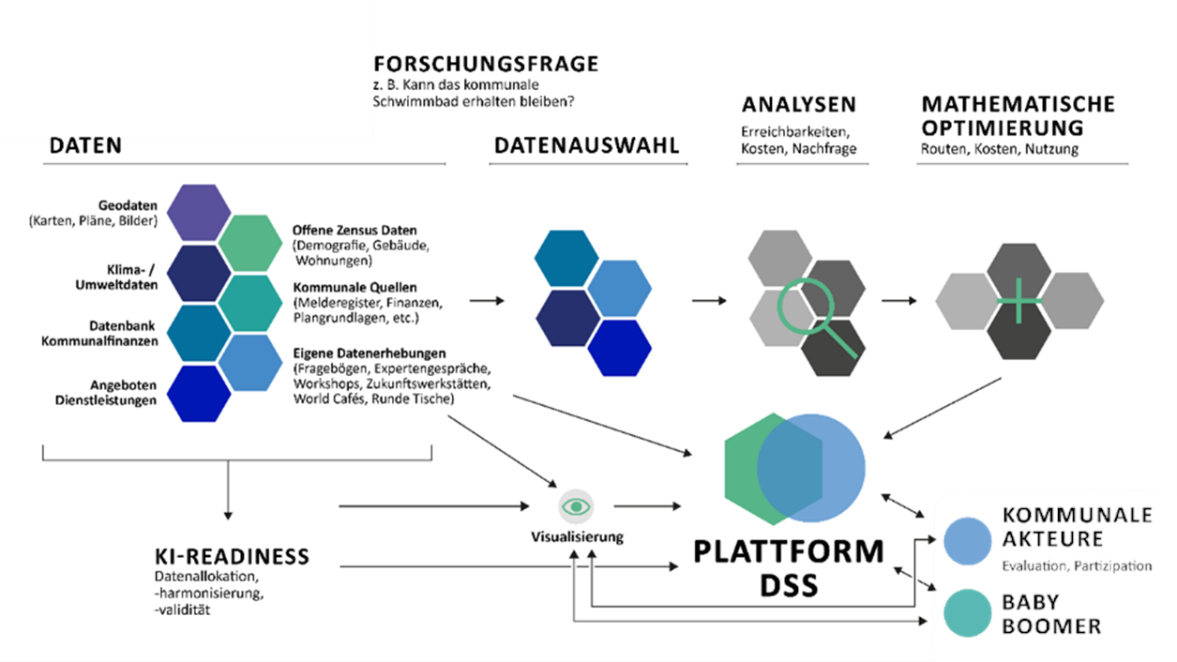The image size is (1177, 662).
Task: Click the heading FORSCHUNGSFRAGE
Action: (486, 65)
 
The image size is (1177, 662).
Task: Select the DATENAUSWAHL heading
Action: (586, 145)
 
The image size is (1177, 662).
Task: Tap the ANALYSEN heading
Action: (799, 104)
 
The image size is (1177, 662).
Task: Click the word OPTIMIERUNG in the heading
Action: (1002, 128)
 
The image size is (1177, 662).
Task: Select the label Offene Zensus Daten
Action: (355, 230)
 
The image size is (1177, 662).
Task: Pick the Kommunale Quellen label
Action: (355, 287)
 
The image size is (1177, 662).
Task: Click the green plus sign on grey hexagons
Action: (1020, 300)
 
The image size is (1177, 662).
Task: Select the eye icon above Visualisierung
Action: (576, 506)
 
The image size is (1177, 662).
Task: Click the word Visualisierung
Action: (576, 537)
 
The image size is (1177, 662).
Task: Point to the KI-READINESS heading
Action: (232, 557)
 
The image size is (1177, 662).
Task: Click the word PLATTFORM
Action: (789, 552)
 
